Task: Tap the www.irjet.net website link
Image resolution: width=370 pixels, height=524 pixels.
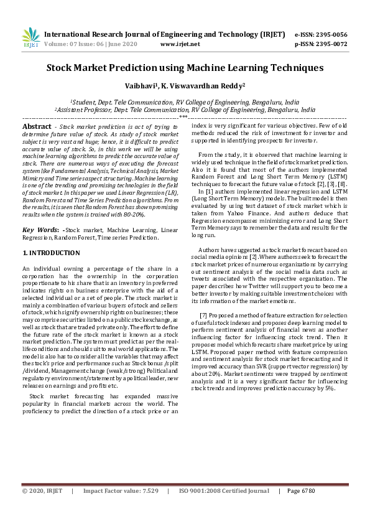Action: tap(180, 44)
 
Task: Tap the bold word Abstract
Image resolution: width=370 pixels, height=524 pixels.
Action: tap(37, 126)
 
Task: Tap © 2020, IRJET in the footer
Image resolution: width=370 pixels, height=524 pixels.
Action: tap(42, 508)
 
